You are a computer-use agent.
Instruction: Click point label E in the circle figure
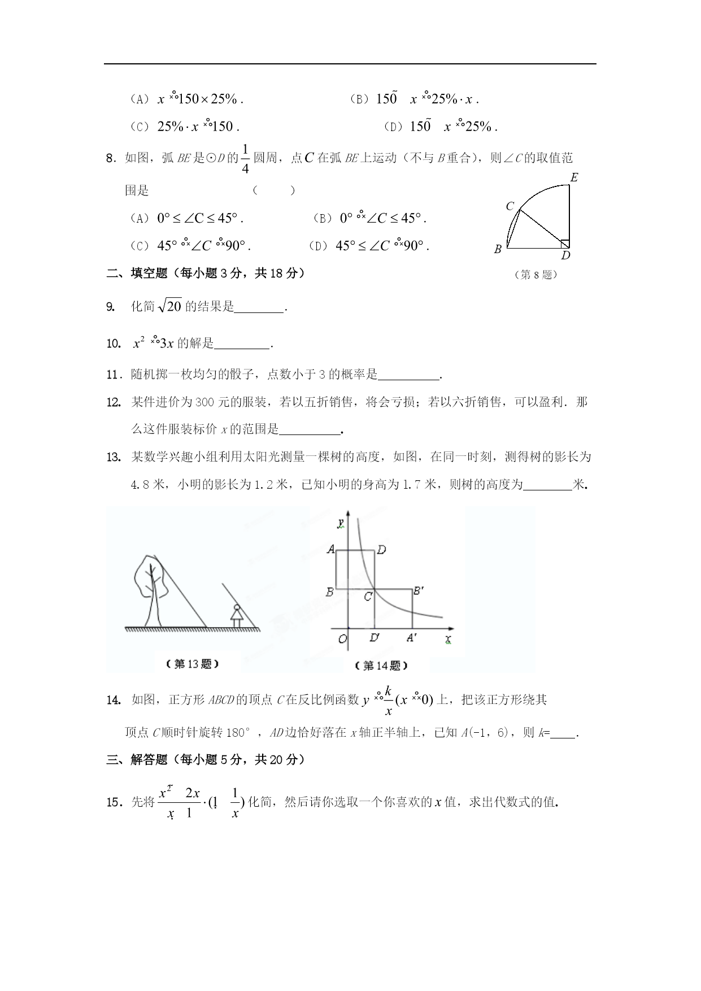[x=574, y=177]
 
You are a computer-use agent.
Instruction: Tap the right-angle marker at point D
[x=565, y=244]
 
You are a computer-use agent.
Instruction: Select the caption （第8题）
[x=536, y=275]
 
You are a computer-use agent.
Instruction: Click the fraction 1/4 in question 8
[x=245, y=159]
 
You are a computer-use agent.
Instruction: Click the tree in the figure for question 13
[x=151, y=588]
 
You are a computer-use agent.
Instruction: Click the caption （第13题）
[x=193, y=664]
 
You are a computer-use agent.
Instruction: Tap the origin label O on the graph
[x=342, y=639]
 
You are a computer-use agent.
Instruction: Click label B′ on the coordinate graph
[x=419, y=591]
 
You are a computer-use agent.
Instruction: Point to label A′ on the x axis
[x=412, y=638]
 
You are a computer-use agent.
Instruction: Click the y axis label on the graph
[x=341, y=523]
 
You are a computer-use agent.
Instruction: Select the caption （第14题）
[x=381, y=666]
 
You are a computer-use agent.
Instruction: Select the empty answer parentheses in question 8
[x=273, y=190]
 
